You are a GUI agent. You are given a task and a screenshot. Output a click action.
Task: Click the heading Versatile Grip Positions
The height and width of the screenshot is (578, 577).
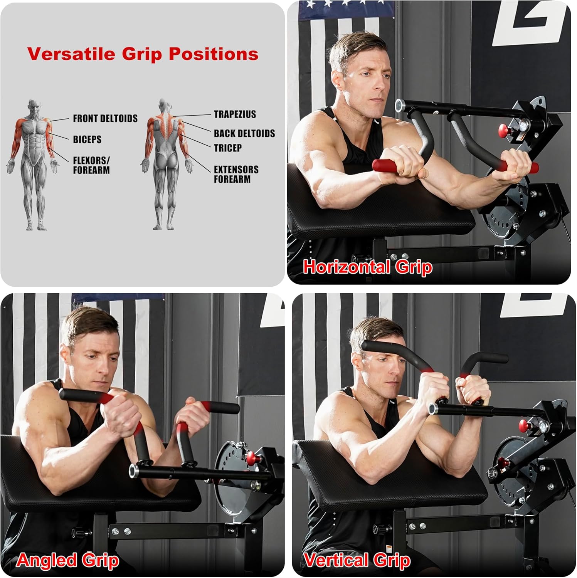pyautogui.click(x=143, y=54)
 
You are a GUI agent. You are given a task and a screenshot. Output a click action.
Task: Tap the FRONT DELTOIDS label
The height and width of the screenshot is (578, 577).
pyautogui.click(x=105, y=118)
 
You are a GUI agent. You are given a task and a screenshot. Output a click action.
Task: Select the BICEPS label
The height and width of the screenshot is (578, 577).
pyautogui.click(x=87, y=139)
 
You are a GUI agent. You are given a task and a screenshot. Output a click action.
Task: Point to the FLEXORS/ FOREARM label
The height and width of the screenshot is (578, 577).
pyautogui.click(x=91, y=165)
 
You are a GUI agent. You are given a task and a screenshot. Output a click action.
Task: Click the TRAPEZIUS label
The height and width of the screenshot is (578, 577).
pyautogui.click(x=235, y=114)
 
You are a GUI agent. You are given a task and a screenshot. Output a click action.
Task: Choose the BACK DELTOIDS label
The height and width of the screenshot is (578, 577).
pyautogui.click(x=244, y=133)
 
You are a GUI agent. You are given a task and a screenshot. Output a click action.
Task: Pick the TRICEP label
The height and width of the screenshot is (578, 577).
pyautogui.click(x=228, y=148)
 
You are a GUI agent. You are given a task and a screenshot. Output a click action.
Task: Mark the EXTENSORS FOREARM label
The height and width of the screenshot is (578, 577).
pyautogui.click(x=236, y=174)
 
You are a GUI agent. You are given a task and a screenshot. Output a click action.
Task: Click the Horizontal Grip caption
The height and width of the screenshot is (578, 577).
pyautogui.click(x=367, y=267)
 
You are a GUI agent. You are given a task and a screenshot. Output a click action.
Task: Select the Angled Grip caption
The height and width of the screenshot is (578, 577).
pyautogui.click(x=67, y=560)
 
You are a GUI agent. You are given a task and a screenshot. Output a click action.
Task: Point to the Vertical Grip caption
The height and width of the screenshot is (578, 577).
pyautogui.click(x=357, y=560)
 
